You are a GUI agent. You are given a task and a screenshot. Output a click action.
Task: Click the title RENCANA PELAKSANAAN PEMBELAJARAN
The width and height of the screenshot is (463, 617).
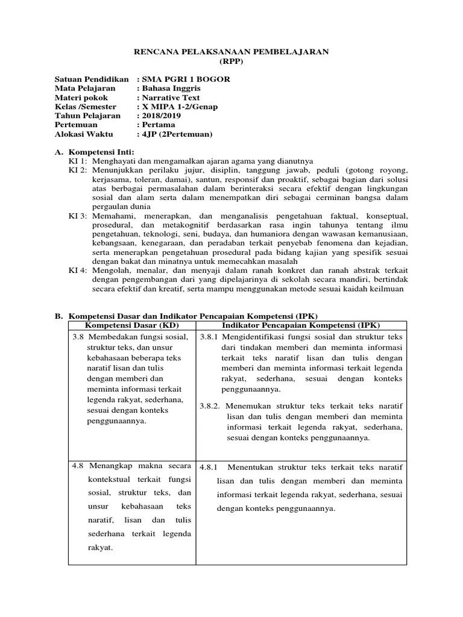click(x=231, y=52)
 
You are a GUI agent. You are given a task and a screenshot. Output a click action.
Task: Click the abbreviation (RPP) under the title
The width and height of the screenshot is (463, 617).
click(x=231, y=61)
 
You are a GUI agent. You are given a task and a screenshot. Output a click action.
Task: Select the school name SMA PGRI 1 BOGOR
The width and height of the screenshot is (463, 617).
click(x=186, y=80)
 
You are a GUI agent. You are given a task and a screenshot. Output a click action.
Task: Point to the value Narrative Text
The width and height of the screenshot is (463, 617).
click(x=171, y=98)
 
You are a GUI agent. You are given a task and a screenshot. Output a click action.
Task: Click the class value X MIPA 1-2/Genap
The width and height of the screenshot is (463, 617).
click(x=180, y=107)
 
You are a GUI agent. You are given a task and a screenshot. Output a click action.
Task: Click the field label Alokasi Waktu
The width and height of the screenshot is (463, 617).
click(x=87, y=134)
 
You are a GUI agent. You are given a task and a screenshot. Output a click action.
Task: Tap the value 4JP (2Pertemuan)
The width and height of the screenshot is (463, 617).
click(x=177, y=134)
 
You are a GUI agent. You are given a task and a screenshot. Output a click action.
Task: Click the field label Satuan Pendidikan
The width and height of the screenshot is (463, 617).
click(x=92, y=80)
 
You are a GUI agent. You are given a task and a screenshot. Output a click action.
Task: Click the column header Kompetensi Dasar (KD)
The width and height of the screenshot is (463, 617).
click(x=133, y=325)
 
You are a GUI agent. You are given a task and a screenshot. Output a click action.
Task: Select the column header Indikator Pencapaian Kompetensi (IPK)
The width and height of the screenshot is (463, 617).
click(x=301, y=325)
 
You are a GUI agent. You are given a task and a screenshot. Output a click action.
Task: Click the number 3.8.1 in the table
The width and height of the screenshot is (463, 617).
click(x=209, y=336)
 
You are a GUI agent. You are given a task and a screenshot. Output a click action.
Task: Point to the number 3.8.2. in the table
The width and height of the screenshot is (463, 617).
click(x=210, y=406)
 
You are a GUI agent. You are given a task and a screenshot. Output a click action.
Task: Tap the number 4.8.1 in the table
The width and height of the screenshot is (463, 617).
click(x=208, y=467)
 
